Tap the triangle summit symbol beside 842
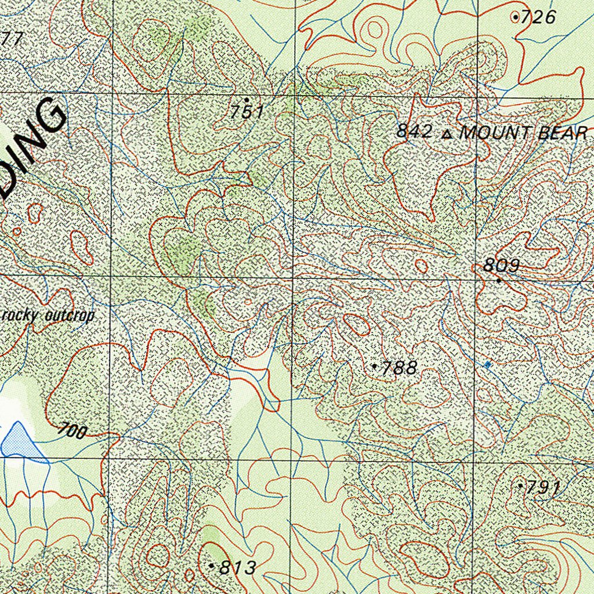pyautogui.click(x=446, y=135)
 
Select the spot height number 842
pyautogui.click(x=414, y=132)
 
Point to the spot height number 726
pyautogui.click(x=538, y=17)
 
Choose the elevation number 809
pyautogui.click(x=502, y=266)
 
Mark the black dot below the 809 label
pyautogui.click(x=499, y=281)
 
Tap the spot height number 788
pyautogui.click(x=400, y=368)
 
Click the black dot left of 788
pyautogui.click(x=375, y=366)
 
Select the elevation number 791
pyautogui.click(x=543, y=488)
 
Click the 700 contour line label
pyautogui.click(x=73, y=431)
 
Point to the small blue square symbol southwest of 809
pyautogui.click(x=487, y=364)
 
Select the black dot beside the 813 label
pyautogui.click(x=212, y=564)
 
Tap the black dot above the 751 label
pyautogui.click(x=247, y=100)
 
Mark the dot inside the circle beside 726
pyautogui.click(x=516, y=17)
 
